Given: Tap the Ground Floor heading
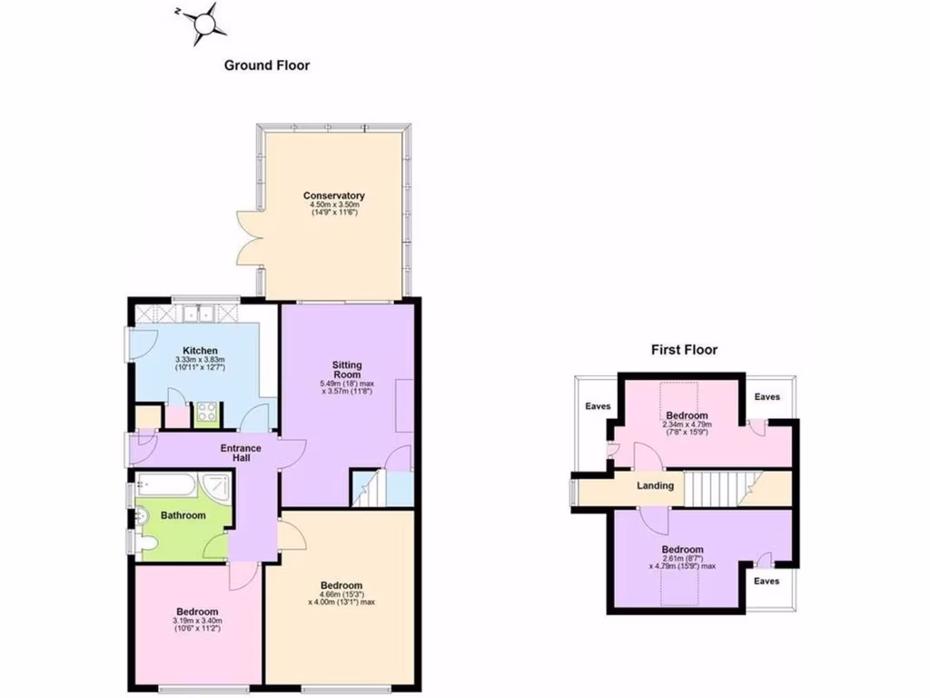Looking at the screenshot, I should pyautogui.click(x=267, y=65).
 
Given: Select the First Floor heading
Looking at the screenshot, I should pyautogui.click(x=684, y=349).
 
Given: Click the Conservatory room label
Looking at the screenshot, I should pyautogui.click(x=334, y=195).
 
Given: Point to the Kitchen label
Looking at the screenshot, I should pyautogui.click(x=200, y=350).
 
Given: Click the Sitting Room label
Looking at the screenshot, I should pyautogui.click(x=347, y=368).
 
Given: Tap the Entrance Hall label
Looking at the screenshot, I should pyautogui.click(x=241, y=453).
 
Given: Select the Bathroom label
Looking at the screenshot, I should pyautogui.click(x=183, y=515).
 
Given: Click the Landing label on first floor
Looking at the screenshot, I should pyautogui.click(x=655, y=485).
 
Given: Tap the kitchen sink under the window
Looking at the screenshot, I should pyautogui.click(x=200, y=314).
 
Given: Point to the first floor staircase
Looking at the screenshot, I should pyautogui.click(x=717, y=487).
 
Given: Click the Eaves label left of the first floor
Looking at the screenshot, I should pyautogui.click(x=598, y=406).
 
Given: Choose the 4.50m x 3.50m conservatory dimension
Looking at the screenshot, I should pyautogui.click(x=334, y=209).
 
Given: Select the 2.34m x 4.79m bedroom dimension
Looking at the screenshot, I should pyautogui.click(x=688, y=427).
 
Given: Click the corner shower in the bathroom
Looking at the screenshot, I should pyautogui.click(x=216, y=487).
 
